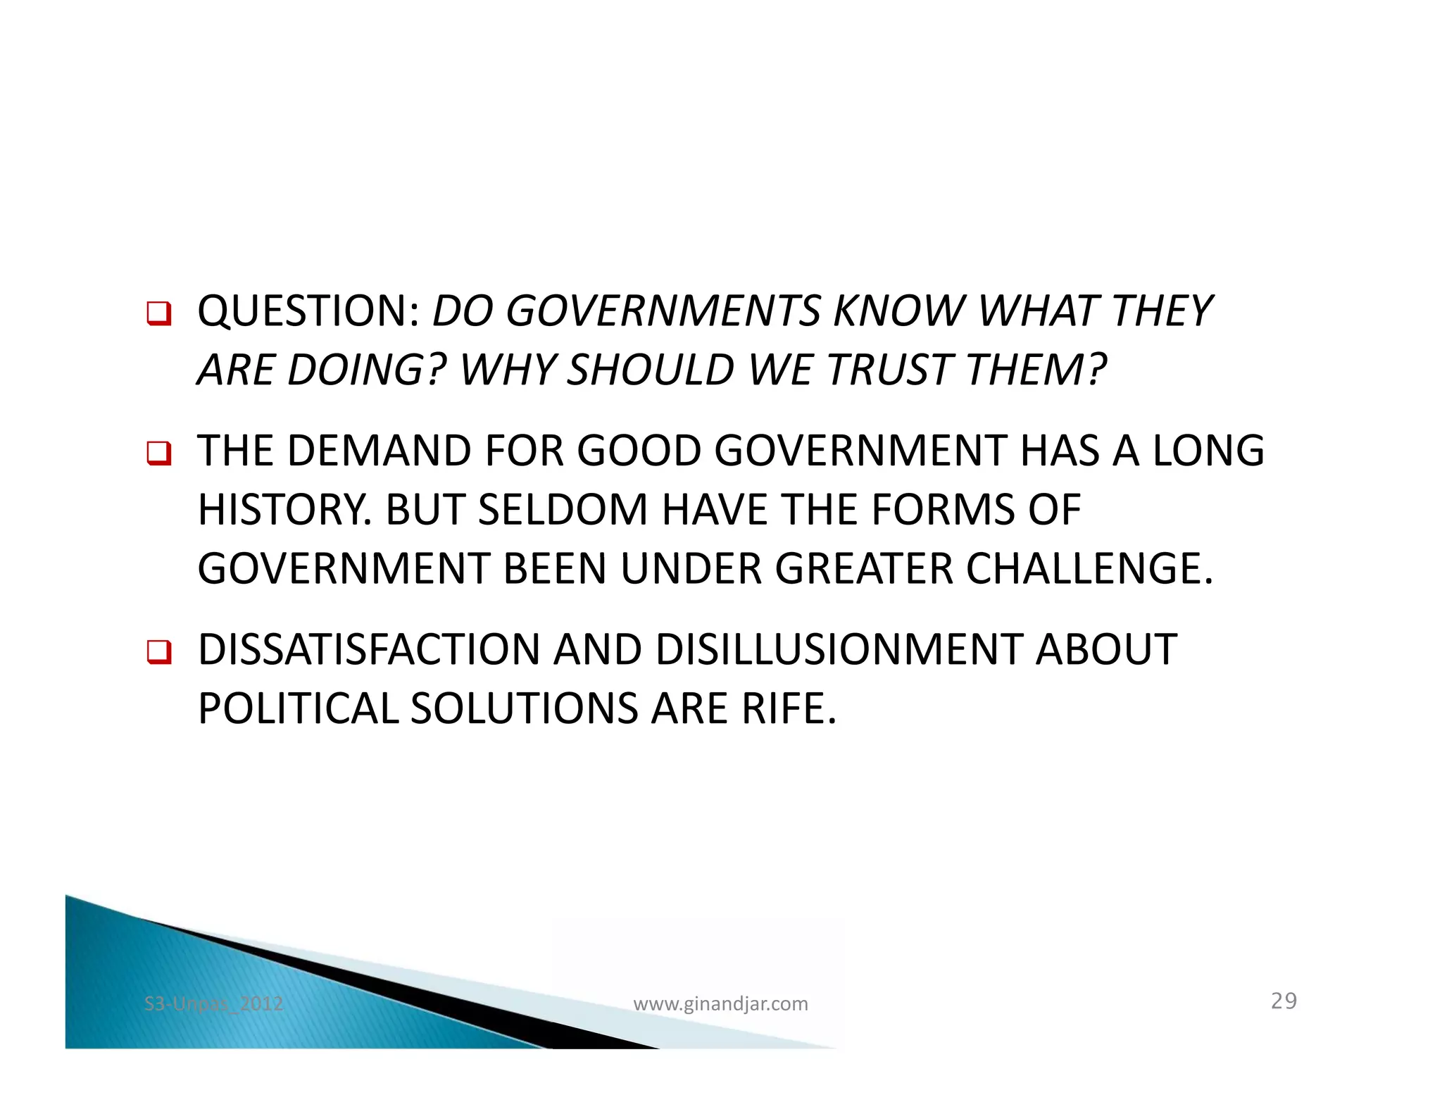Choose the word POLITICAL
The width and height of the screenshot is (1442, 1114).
(x=297, y=708)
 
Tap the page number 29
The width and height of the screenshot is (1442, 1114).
(x=1284, y=1001)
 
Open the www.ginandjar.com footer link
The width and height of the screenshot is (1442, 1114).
(x=720, y=1003)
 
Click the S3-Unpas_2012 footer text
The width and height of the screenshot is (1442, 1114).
(x=213, y=1003)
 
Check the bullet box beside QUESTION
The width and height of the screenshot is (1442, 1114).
(x=158, y=313)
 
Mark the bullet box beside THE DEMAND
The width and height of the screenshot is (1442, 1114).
(x=158, y=453)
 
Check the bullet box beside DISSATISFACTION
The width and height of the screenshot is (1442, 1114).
(x=158, y=651)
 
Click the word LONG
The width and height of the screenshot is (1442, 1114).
(x=1208, y=451)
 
